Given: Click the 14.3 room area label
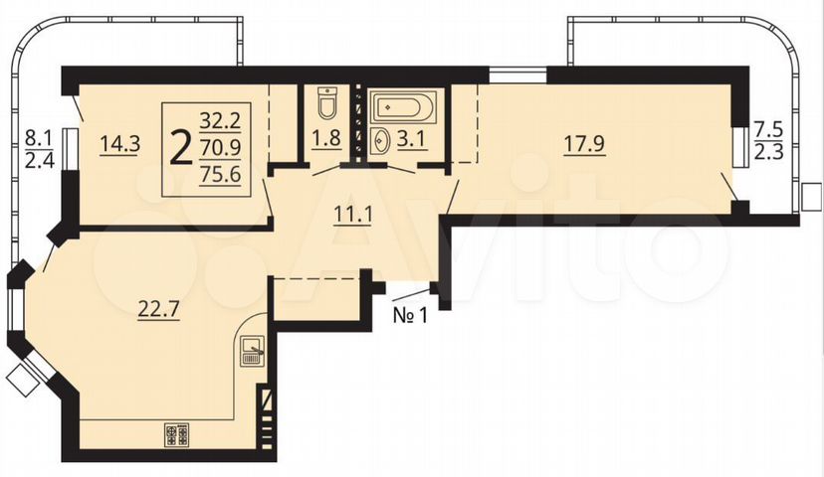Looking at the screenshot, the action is pyautogui.click(x=120, y=143).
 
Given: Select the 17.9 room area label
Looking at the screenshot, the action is pyautogui.click(x=585, y=145).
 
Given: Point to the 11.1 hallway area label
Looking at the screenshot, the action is pyautogui.click(x=353, y=214).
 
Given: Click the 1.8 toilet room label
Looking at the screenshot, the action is pyautogui.click(x=325, y=138).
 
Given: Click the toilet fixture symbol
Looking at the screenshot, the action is pyautogui.click(x=326, y=103).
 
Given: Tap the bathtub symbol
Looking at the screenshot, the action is pyautogui.click(x=402, y=107).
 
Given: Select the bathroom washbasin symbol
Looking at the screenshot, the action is pyautogui.click(x=380, y=141).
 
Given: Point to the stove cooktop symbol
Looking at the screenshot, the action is pyautogui.click(x=176, y=435).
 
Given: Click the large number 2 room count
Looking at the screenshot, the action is pyautogui.click(x=182, y=148).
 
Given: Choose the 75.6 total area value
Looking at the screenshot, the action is pyautogui.click(x=221, y=174).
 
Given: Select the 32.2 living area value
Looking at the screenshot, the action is pyautogui.click(x=220, y=121).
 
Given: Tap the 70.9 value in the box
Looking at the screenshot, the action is pyautogui.click(x=221, y=147).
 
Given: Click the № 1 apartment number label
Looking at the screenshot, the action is pyautogui.click(x=410, y=315).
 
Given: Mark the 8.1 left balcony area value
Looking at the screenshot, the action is pyautogui.click(x=40, y=137).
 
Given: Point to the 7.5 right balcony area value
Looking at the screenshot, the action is pyautogui.click(x=769, y=129).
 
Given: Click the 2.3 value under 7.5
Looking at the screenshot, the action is pyautogui.click(x=769, y=154).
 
